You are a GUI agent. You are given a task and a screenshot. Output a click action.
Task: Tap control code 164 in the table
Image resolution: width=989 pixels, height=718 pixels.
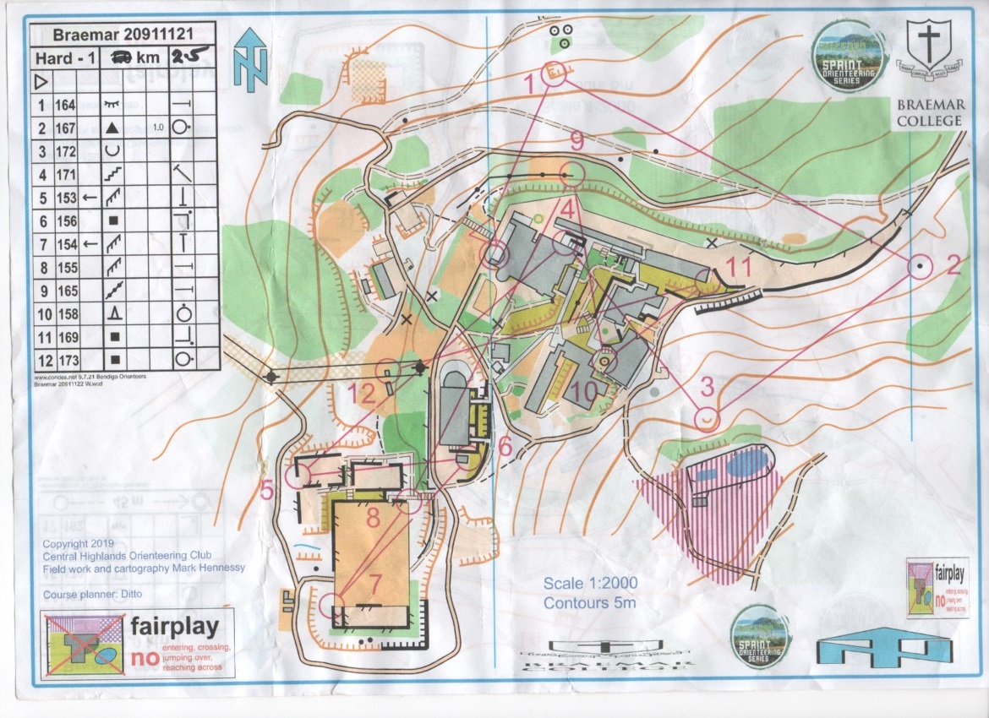[x=65, y=106]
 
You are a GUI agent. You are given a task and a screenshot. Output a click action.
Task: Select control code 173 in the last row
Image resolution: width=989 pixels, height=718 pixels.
[x=65, y=359]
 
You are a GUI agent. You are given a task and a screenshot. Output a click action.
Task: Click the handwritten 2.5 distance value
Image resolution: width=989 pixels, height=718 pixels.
[x=189, y=58]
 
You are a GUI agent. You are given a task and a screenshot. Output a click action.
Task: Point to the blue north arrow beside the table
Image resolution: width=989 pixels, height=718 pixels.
[x=251, y=59]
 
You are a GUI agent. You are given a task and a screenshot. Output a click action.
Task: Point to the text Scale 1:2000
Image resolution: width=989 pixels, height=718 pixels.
[x=590, y=584]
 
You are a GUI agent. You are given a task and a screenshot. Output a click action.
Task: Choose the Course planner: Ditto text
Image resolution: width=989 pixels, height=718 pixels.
[x=93, y=595]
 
